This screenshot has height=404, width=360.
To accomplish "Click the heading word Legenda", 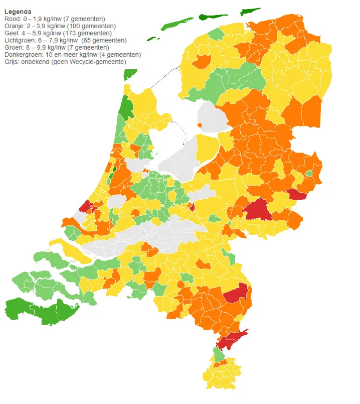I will [18, 11].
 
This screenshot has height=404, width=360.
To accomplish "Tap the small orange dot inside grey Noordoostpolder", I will [200, 125].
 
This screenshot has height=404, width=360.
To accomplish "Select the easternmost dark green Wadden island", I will [251, 11].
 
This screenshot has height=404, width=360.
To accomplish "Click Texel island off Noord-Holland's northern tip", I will [130, 74].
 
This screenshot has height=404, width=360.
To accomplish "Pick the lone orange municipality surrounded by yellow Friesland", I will [203, 62].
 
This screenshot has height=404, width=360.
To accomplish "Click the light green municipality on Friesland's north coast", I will [216, 34].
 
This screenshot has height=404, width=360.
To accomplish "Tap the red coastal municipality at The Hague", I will [85, 206].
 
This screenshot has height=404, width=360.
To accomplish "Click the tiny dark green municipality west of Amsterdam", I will [114, 169].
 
